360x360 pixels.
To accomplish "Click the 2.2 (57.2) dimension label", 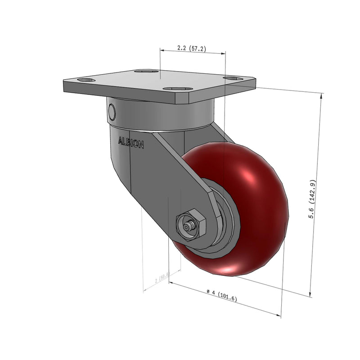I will tap(192, 49).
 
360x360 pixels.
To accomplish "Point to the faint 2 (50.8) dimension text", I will tap(162, 278).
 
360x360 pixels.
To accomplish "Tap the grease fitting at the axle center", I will tap(187, 227).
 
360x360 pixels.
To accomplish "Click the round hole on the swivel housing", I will tap(112, 111).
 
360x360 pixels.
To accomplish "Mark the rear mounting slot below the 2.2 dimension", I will tap(147, 71).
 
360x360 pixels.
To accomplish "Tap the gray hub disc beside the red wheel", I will tap(227, 225).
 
